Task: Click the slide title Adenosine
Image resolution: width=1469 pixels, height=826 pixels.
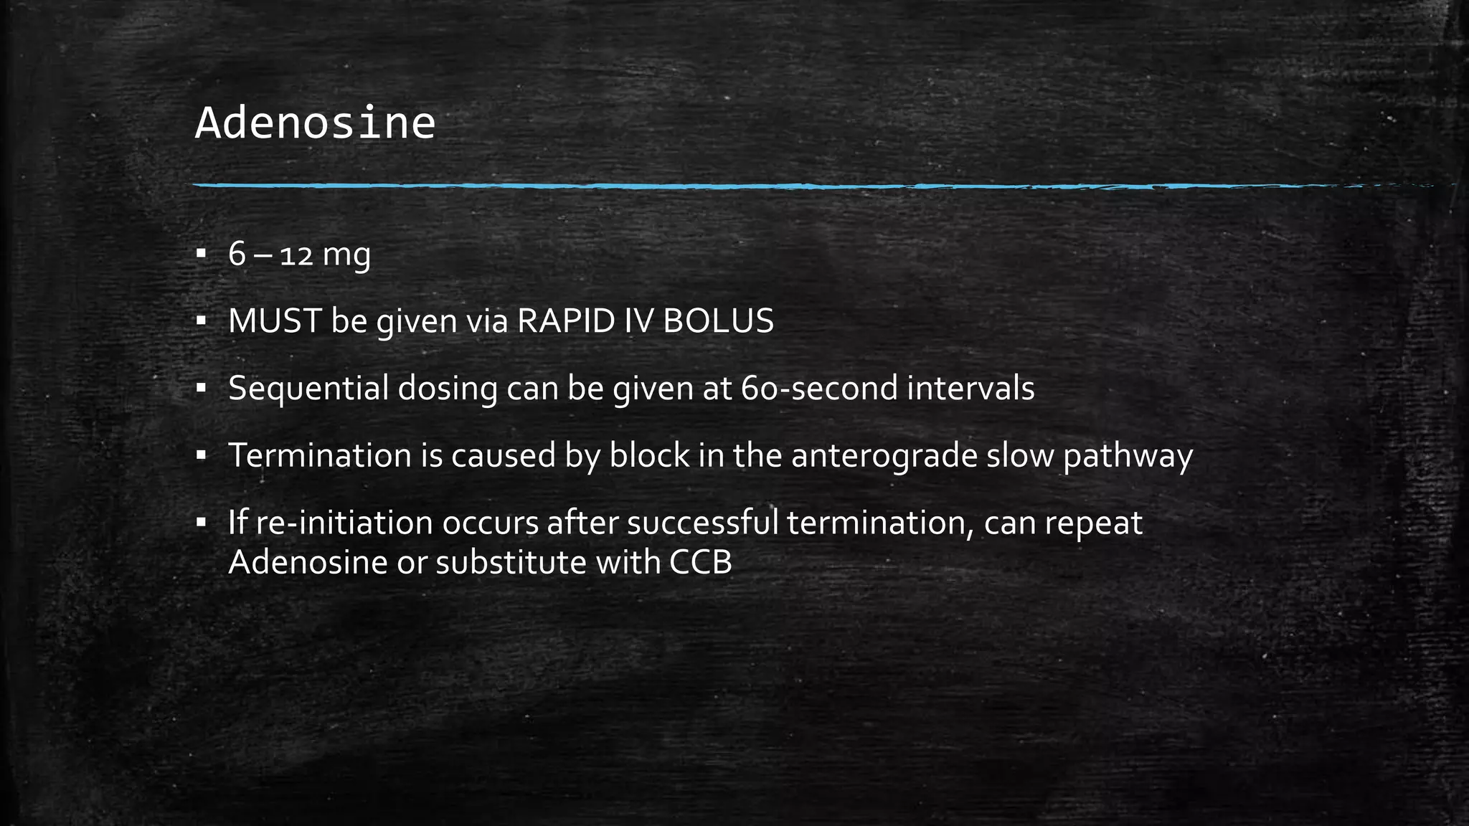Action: click(x=315, y=123)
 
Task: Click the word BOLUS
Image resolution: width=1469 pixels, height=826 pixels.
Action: click(x=718, y=321)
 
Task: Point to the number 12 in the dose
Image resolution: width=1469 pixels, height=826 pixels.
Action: click(x=296, y=256)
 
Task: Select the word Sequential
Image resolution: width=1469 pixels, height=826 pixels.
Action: click(x=308, y=389)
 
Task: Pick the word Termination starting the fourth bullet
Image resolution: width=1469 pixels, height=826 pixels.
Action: click(x=319, y=455)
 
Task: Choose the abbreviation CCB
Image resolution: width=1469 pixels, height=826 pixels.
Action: click(x=701, y=562)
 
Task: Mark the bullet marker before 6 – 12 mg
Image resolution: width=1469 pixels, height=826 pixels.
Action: click(x=201, y=253)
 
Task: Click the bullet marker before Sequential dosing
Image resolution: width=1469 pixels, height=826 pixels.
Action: click(x=201, y=388)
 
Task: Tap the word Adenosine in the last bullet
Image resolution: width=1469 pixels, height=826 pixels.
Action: click(x=308, y=562)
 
